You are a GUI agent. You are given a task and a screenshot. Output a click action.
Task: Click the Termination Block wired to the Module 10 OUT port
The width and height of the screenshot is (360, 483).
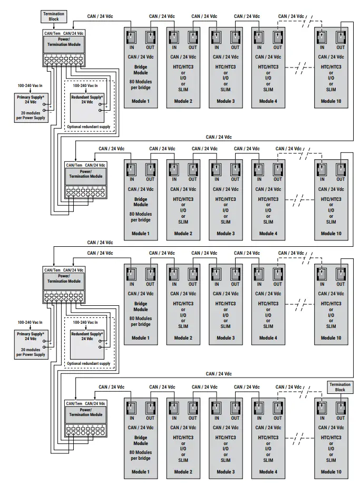pyautogui.click(x=340, y=387)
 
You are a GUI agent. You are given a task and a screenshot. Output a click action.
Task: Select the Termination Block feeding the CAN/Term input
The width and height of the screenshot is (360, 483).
pyautogui.click(x=54, y=15)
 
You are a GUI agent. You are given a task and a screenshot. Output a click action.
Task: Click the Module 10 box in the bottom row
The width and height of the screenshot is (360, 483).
pyautogui.click(x=331, y=437)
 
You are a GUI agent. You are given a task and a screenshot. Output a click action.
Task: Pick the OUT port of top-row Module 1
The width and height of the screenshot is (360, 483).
pyautogui.click(x=151, y=37)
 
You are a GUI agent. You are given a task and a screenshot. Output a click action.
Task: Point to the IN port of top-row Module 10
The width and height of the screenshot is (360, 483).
pyautogui.click(x=322, y=37)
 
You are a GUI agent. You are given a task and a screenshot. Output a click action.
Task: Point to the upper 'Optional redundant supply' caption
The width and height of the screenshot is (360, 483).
pyautogui.click(x=89, y=127)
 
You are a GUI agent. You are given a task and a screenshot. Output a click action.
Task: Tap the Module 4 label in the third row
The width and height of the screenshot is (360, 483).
pyautogui.click(x=268, y=338)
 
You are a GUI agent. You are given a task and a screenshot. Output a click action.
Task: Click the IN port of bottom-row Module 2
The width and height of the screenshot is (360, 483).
pyautogui.click(x=174, y=408)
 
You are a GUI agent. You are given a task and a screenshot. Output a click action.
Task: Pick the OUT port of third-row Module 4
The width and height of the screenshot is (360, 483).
pyautogui.click(x=278, y=274)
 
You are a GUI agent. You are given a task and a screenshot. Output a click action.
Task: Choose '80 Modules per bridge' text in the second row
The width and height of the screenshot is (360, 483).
pyautogui.click(x=141, y=217)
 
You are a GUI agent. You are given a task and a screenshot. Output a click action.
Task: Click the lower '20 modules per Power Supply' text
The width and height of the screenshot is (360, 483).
pyautogui.click(x=30, y=352)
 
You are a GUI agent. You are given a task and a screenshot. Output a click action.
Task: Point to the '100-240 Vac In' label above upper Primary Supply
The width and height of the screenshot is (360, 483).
pyautogui.click(x=30, y=85)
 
